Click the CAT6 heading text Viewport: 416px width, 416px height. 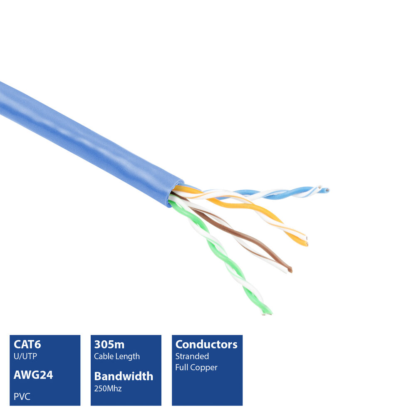(27, 344)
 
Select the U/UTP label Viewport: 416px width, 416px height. (25, 356)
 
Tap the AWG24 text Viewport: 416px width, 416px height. (33, 375)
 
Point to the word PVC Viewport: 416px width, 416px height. (22, 396)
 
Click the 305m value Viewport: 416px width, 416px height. (109, 344)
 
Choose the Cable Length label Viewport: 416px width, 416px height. (117, 357)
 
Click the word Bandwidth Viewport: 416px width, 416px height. (124, 376)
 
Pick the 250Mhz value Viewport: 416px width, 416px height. (108, 389)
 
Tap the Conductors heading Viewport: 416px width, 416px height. (206, 344)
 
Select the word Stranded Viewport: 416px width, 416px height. (192, 356)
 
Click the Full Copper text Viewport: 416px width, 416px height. (196, 367)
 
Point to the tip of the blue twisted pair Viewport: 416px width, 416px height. (327, 190)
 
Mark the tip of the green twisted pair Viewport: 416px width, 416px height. (267, 314)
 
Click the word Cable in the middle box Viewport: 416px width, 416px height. (102, 356)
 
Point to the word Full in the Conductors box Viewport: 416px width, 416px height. (182, 367)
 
